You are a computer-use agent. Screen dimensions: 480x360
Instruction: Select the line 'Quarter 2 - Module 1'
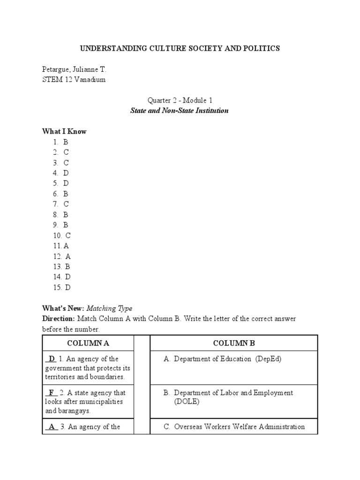pyautogui.click(x=180, y=100)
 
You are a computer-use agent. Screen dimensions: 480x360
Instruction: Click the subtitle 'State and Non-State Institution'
pyautogui.click(x=180, y=111)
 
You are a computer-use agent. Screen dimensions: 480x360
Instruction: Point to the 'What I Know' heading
pyautogui.click(x=64, y=132)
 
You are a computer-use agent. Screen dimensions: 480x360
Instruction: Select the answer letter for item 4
pyautogui.click(x=66, y=173)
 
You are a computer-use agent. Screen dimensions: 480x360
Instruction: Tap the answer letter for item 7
pyautogui.click(x=66, y=204)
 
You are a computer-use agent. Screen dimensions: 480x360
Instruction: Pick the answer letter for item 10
pyautogui.click(x=68, y=236)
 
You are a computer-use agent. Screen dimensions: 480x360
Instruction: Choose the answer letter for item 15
pyautogui.click(x=68, y=288)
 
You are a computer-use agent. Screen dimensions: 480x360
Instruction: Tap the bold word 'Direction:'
pyautogui.click(x=59, y=319)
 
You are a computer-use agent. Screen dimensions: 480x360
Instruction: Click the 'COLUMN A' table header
pyautogui.click(x=88, y=343)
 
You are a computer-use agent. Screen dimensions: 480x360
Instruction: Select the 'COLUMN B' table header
pyautogui.click(x=234, y=343)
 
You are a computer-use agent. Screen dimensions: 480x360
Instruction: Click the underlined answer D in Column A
pyautogui.click(x=52, y=359)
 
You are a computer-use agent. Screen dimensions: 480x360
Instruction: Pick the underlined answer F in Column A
pyautogui.click(x=51, y=393)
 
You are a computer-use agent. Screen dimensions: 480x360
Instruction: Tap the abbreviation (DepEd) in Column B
pyautogui.click(x=269, y=359)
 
